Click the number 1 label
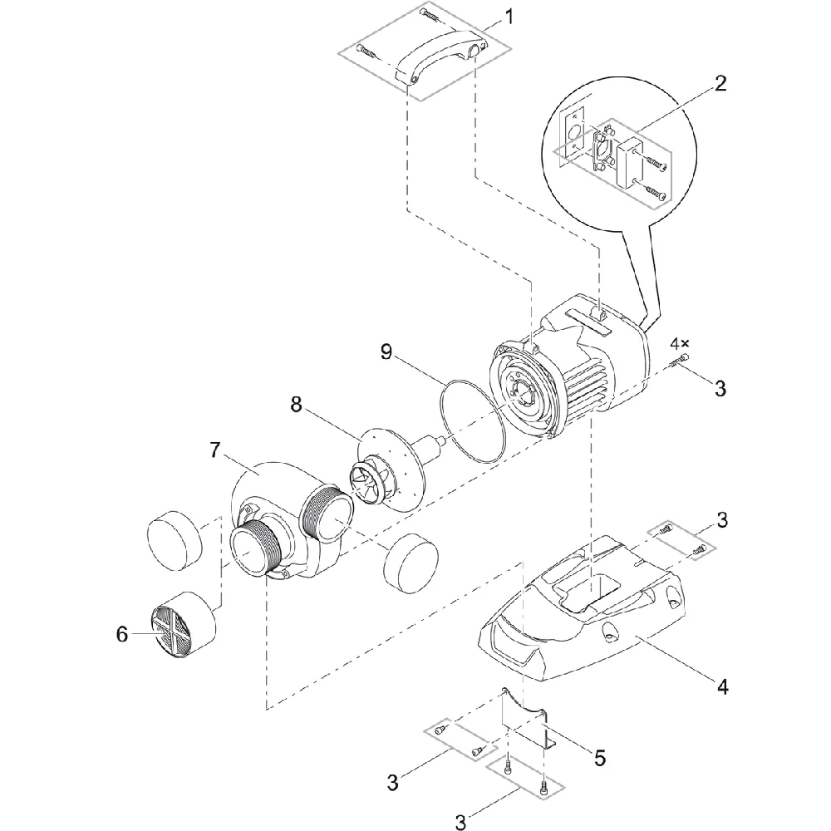point(509,16)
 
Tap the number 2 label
point(720,82)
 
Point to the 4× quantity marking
point(680,342)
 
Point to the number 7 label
point(215,450)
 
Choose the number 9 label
point(386,352)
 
